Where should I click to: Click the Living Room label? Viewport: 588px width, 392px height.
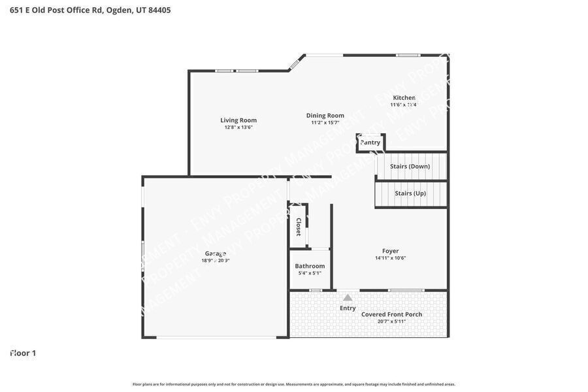coord(238,120)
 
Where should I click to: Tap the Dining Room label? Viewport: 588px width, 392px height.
coord(325,116)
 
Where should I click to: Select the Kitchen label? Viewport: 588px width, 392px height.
coord(404,97)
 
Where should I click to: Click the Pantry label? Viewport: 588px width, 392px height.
coord(370,142)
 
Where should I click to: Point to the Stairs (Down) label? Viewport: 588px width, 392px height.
coord(410,166)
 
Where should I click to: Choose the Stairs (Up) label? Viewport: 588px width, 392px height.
coord(410,193)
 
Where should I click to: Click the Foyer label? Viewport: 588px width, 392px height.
coord(390,251)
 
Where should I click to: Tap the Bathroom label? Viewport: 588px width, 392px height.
coord(310,266)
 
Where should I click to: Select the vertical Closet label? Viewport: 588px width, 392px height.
coord(299,227)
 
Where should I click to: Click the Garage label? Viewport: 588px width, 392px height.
coord(216,253)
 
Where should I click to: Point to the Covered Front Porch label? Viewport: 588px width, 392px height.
coord(391,314)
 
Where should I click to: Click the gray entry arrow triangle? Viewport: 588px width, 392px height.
coord(348,298)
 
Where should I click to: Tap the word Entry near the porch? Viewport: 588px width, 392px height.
coord(348,308)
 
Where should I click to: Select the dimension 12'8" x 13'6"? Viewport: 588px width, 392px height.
coord(238,127)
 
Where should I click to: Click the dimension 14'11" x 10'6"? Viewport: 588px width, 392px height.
coord(390,258)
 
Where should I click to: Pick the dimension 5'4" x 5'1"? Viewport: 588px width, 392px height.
coord(310,273)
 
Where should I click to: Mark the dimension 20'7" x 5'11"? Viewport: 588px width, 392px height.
coord(391,321)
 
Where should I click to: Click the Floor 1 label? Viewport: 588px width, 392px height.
coord(23,353)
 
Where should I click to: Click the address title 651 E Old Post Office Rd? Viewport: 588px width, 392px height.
coord(90,10)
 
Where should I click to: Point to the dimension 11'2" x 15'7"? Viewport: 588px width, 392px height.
coord(325,123)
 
